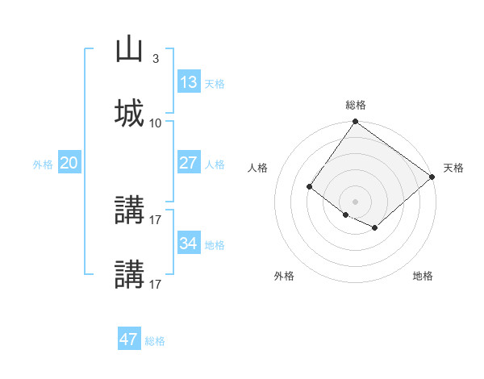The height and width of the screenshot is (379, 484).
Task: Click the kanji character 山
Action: pos(130,50)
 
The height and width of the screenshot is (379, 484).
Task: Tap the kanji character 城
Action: pos(130,113)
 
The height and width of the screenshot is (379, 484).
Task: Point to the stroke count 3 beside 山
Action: pos(155,59)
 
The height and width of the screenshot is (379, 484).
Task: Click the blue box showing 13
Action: pos(189,82)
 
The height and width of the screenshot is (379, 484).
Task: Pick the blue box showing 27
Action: pos(189,163)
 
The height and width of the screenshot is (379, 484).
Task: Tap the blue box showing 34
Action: pos(189,243)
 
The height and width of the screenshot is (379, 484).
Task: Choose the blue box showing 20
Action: pos(69,163)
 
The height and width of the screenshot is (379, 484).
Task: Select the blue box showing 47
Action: pos(129,339)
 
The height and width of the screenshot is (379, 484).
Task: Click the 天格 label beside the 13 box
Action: pos(215,84)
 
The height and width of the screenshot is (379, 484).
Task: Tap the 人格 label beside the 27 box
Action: pos(215,164)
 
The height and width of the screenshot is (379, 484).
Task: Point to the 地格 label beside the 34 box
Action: pos(215,244)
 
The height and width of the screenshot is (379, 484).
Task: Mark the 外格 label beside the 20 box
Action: pos(43,164)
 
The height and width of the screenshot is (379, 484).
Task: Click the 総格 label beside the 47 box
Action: pos(155,341)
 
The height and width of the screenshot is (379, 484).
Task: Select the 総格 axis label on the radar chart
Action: pos(356,105)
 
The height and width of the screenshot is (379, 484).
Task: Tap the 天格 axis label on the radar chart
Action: pos(453,168)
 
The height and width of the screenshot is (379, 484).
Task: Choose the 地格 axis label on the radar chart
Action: pos(423,277)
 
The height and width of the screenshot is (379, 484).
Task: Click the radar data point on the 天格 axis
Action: pos(432,177)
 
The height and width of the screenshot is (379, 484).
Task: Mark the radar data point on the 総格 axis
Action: pos(355,123)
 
